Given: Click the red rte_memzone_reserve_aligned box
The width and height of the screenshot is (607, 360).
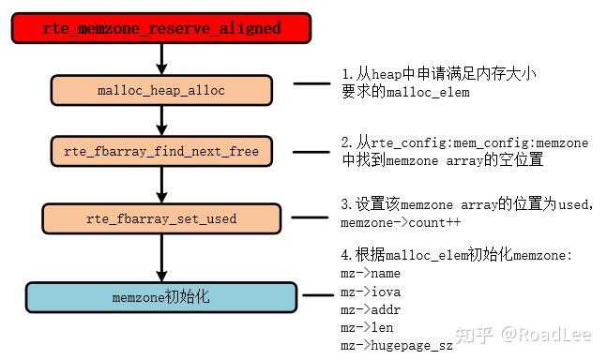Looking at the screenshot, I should click(x=161, y=28).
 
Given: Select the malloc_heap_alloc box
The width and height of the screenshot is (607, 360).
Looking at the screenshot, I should click(x=161, y=90).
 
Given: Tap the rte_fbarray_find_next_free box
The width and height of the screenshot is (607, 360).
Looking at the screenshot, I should click(x=161, y=150).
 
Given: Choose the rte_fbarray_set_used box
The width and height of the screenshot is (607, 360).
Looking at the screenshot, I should click(x=161, y=218).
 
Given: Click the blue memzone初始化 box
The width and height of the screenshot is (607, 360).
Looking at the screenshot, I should click(x=161, y=296).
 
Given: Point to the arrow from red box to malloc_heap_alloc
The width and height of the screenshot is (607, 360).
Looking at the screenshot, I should click(x=161, y=59).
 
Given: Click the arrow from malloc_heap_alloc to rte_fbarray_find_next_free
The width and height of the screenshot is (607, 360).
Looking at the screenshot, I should click(x=161, y=120).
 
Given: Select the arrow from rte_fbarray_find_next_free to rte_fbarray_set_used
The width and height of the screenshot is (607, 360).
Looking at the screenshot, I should click(x=161, y=185).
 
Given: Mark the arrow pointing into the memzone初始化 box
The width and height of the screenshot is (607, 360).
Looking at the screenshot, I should click(x=161, y=257).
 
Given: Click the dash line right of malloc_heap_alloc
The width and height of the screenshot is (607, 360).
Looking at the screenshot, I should click(x=311, y=83).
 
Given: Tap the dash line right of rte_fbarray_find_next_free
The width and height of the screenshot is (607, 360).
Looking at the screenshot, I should click(x=311, y=151).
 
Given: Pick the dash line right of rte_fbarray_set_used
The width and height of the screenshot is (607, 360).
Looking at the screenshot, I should click(x=311, y=218).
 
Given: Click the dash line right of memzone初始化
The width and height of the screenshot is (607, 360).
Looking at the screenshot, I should click(x=311, y=296).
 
